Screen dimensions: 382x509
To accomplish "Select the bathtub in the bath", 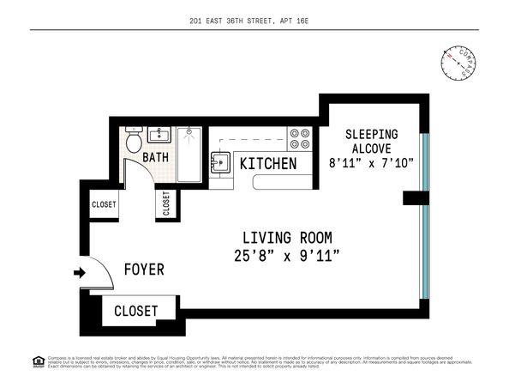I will (x=189, y=155).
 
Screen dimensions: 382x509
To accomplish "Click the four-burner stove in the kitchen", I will (x=299, y=139).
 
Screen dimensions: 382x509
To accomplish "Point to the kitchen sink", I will (x=219, y=161).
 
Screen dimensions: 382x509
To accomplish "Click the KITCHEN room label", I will (x=268, y=163).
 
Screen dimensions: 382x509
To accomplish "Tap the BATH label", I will (x=155, y=157).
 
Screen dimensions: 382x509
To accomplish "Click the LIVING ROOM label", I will (x=287, y=237).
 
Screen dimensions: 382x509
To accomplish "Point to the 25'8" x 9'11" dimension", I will (x=287, y=255).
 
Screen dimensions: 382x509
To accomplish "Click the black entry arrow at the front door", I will (x=80, y=274).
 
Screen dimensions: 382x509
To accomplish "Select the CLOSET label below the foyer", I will (x=135, y=311).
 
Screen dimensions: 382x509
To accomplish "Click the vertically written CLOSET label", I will (x=165, y=204).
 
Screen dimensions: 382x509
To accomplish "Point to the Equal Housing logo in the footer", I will (x=38, y=359).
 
